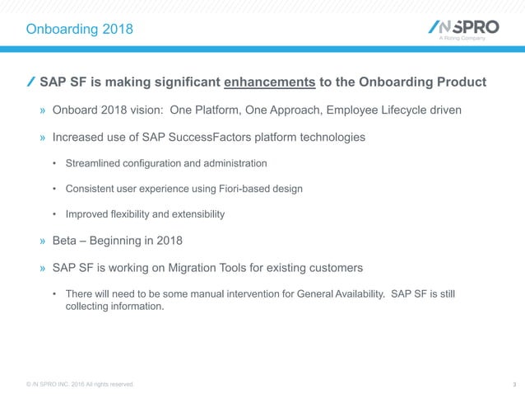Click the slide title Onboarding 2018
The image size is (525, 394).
click(79, 30)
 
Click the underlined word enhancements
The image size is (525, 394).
click(270, 82)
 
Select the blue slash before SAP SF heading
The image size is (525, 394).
click(30, 82)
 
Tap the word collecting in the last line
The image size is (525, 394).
click(88, 307)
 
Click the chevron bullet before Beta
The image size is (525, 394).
click(42, 242)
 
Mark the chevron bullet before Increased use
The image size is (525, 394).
click(42, 137)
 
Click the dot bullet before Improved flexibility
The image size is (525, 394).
click(54, 214)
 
